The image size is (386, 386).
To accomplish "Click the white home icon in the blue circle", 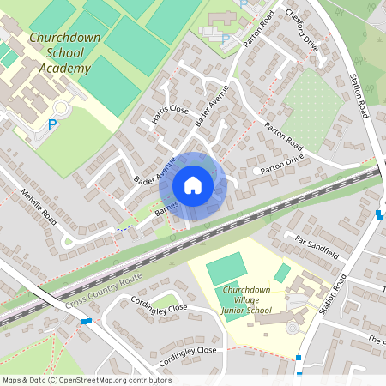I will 193,185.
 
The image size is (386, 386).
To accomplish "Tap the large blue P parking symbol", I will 51,125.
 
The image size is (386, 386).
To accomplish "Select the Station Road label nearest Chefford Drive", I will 359,95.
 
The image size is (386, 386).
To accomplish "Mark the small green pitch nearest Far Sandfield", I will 282,273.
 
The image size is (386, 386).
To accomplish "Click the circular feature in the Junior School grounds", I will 293,328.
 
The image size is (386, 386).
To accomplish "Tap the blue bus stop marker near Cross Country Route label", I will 86,320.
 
